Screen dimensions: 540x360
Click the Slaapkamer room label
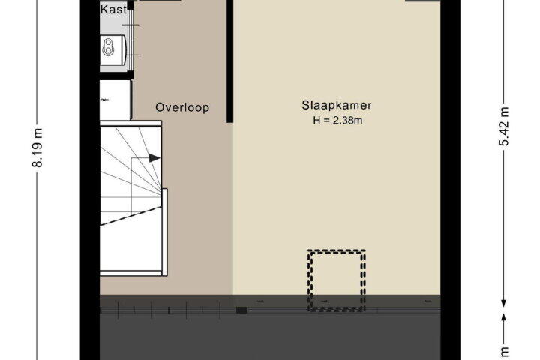point(337,106)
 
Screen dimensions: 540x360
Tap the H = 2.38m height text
point(337,121)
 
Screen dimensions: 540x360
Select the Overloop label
point(182,107)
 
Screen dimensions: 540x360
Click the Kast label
point(113,10)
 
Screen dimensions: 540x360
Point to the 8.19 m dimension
point(37,148)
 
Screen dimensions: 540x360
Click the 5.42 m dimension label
point(504,127)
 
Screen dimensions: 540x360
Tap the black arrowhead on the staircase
point(154,158)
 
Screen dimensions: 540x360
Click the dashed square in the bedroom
point(337,280)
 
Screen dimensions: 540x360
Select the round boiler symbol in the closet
point(108,46)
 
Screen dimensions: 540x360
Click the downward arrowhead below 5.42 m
point(503,303)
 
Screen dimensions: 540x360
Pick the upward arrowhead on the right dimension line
point(503,317)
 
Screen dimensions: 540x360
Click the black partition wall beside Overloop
point(230,61)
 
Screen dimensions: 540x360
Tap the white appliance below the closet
point(115,100)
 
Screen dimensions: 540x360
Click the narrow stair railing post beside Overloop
point(164,232)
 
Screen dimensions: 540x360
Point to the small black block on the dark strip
point(241,310)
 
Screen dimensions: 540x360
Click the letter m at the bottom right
point(504,352)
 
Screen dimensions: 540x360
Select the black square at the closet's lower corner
point(130,74)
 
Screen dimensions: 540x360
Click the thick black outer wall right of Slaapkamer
point(450,180)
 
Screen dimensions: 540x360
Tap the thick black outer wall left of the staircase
point(90,180)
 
